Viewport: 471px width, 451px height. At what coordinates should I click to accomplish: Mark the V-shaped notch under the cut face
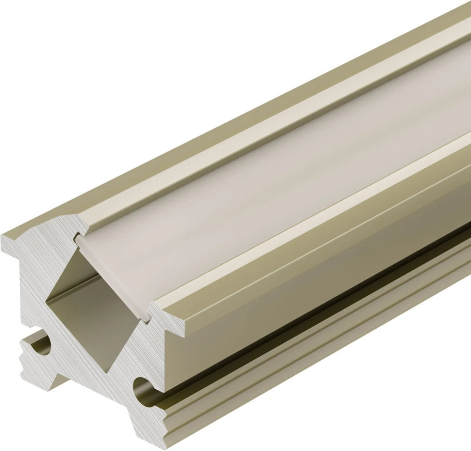tap(83, 384)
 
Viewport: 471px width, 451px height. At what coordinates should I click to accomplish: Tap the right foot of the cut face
tap(155, 427)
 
